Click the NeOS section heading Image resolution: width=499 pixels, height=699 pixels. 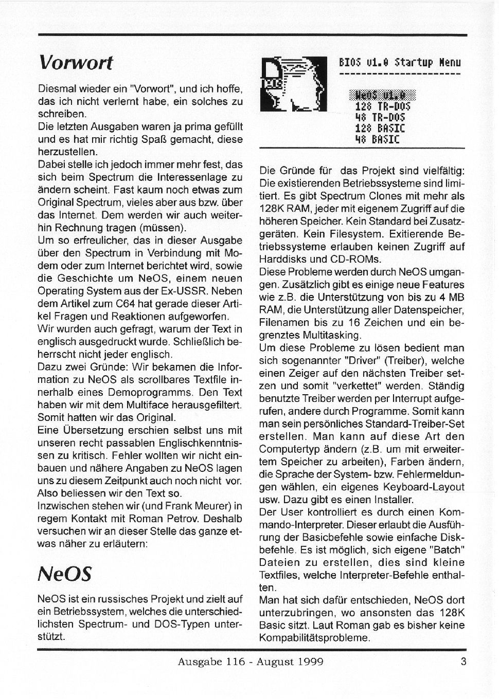[x=65, y=573]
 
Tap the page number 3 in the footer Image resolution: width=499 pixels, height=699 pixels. [x=464, y=661]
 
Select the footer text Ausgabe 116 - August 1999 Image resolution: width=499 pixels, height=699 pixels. [x=251, y=662]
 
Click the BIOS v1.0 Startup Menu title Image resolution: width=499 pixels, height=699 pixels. [x=399, y=63]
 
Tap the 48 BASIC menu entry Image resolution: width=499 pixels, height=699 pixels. [x=378, y=139]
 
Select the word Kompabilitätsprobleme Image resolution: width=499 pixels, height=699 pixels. [x=314, y=638]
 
